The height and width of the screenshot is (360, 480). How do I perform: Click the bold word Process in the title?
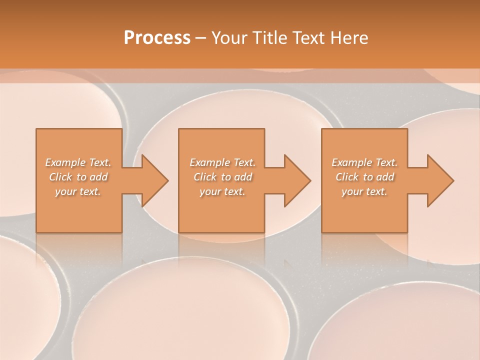tap(157, 38)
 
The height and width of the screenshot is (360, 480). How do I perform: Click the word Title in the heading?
tap(269, 38)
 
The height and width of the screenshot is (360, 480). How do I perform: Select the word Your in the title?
tap(231, 38)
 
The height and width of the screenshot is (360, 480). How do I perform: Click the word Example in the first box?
tap(65, 162)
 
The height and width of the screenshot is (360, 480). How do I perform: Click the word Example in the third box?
tap(352, 162)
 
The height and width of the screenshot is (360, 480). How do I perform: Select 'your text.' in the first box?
tap(78, 191)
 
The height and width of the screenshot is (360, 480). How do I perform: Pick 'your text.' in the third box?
tap(364, 191)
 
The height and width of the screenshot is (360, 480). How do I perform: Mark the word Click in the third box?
tap(347, 177)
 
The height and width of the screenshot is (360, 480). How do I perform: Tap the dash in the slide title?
tap(200, 38)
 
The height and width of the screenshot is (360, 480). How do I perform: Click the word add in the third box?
tap(385, 177)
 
